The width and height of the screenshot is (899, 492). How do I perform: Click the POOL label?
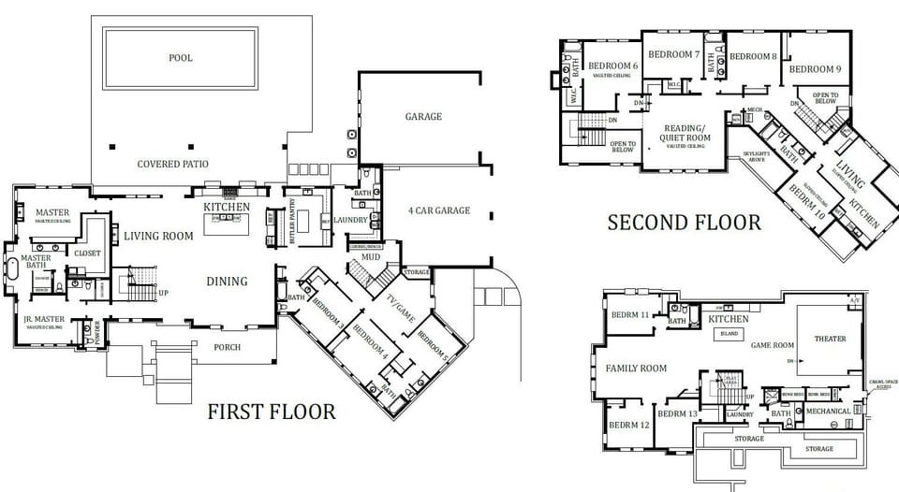click(x=181, y=58)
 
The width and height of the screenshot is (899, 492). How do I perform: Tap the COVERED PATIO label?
click(x=173, y=165)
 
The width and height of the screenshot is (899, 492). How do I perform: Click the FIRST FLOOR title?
click(x=271, y=412)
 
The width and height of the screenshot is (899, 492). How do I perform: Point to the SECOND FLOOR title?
click(x=684, y=223)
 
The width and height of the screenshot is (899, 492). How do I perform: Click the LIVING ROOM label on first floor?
click(x=158, y=236)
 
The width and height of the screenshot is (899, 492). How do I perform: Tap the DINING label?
click(x=228, y=281)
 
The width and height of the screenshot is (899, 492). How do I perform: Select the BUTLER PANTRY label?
click(x=292, y=221)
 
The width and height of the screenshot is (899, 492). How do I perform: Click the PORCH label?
click(x=227, y=347)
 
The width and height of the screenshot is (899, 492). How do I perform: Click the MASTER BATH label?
click(x=36, y=263)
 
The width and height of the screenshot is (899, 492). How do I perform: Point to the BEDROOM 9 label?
click(x=815, y=69)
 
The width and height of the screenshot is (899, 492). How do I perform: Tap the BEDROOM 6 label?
click(x=613, y=66)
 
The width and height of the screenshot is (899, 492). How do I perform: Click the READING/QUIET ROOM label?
click(x=687, y=133)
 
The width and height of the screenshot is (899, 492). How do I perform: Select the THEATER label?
click(x=830, y=340)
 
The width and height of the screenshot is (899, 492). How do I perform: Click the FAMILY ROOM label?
click(x=637, y=369)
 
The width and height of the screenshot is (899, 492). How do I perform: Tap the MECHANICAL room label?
click(x=828, y=411)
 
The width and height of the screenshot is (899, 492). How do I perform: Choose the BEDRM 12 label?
click(x=629, y=425)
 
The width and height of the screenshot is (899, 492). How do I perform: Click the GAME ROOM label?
click(x=773, y=345)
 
